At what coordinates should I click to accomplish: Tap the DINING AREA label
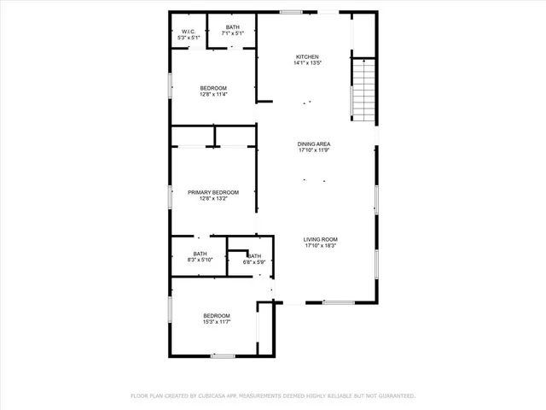coord(314,143)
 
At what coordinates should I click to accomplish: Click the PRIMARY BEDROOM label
coord(213,192)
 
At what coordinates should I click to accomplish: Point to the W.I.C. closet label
coord(189,32)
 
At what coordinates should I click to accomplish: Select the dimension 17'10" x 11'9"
coord(314,150)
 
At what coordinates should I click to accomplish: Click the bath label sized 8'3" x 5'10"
coord(200,253)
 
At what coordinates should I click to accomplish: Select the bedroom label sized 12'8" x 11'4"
coord(213,88)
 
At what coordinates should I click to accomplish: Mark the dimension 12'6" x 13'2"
coord(213,199)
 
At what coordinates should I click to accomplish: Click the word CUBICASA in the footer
coord(208,395)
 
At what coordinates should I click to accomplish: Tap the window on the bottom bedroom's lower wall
coord(224,355)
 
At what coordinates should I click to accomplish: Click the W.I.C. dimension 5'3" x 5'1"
coord(189,38)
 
